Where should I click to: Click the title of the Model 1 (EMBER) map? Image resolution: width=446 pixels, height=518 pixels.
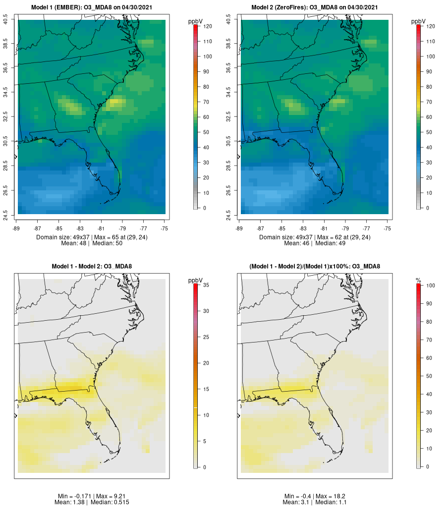[x=92, y=7]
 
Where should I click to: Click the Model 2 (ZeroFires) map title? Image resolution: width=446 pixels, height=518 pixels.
[x=315, y=7]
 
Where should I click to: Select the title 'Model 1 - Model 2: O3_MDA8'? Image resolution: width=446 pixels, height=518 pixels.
[x=92, y=267]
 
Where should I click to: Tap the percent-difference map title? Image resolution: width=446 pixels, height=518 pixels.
[x=315, y=267]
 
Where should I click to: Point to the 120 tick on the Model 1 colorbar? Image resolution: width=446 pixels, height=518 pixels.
[x=208, y=26]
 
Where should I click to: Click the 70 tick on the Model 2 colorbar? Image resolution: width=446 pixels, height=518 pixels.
[x=431, y=102]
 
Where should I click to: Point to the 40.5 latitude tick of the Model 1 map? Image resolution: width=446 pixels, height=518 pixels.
[x=5, y=20]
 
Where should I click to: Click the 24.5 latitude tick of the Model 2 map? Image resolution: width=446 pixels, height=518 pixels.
[x=228, y=214]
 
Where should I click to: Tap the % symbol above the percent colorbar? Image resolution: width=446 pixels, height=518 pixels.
[x=418, y=281]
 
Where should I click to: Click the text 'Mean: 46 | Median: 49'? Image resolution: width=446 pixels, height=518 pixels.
[x=315, y=243]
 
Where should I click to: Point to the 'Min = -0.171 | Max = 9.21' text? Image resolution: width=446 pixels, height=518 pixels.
[x=92, y=496]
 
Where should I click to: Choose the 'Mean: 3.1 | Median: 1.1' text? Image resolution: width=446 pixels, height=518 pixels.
[x=315, y=503]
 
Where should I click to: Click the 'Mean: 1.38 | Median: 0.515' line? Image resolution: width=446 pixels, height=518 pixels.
[x=92, y=503]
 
